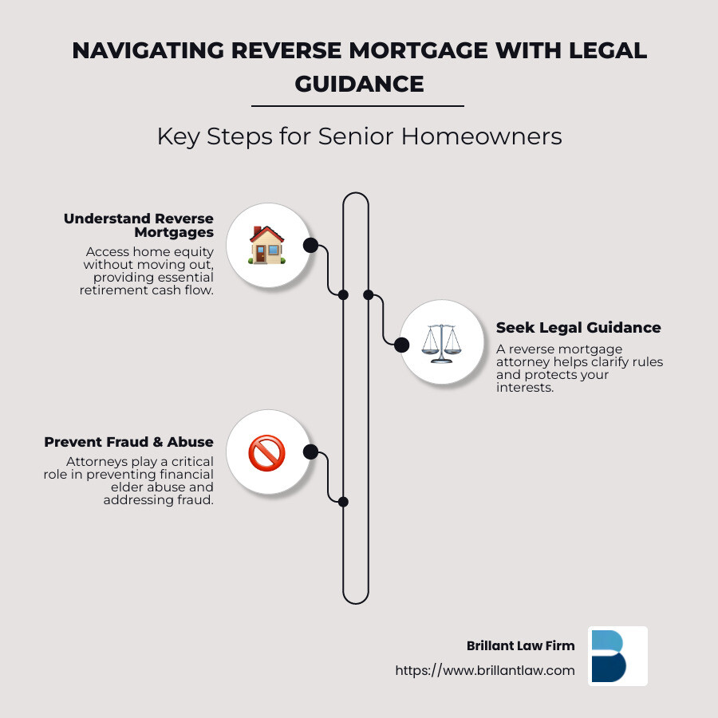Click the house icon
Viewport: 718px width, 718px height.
click(x=266, y=245)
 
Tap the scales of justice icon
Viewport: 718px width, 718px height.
click(x=441, y=344)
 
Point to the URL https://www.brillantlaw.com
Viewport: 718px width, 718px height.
click(x=485, y=671)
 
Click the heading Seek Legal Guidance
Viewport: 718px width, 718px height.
click(x=578, y=328)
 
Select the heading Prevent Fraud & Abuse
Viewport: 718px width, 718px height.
click(x=129, y=442)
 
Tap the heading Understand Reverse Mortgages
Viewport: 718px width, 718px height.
click(x=139, y=225)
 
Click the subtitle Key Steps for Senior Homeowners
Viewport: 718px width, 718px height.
click(x=359, y=136)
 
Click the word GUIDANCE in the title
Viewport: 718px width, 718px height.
click(x=359, y=83)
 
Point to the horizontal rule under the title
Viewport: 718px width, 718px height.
click(x=357, y=106)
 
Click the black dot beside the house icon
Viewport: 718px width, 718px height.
click(x=310, y=246)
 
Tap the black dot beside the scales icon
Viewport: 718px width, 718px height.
click(x=401, y=345)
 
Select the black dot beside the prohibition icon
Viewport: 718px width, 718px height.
click(x=310, y=452)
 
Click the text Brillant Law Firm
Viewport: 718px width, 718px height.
click(x=520, y=646)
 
